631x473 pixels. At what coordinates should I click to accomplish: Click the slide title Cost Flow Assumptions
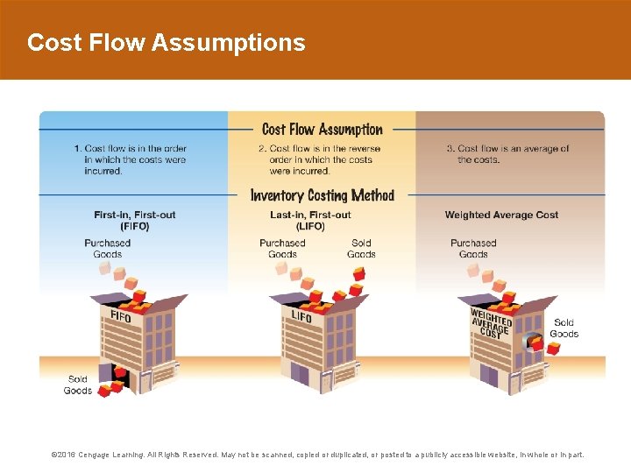coord(167,42)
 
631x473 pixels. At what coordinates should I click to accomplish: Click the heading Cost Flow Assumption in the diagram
coord(323,130)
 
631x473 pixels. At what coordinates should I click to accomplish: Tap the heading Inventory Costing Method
coord(323,195)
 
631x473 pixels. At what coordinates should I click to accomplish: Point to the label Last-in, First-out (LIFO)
coord(310,220)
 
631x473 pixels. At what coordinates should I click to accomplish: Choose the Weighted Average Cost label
coord(501,215)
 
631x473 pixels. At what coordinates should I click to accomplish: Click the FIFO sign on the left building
coord(121,316)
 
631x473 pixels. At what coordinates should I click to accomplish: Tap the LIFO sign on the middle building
coord(301,316)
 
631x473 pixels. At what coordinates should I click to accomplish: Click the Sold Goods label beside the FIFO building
coord(77,385)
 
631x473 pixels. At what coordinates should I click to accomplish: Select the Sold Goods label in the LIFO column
coord(361,249)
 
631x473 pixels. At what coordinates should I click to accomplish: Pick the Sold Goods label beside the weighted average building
coord(564,328)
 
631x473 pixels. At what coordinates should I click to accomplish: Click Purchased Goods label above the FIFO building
coord(107,249)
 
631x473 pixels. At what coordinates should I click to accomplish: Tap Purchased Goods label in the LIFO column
coord(282,249)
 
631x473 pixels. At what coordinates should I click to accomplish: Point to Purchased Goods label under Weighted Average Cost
coord(473,249)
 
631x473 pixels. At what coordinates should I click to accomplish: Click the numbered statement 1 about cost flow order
coord(131,159)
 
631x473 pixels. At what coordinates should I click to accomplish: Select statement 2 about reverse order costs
coord(316,159)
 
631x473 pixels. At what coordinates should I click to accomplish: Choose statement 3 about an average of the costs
coord(507,154)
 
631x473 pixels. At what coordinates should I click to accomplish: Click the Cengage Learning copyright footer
coord(316,455)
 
